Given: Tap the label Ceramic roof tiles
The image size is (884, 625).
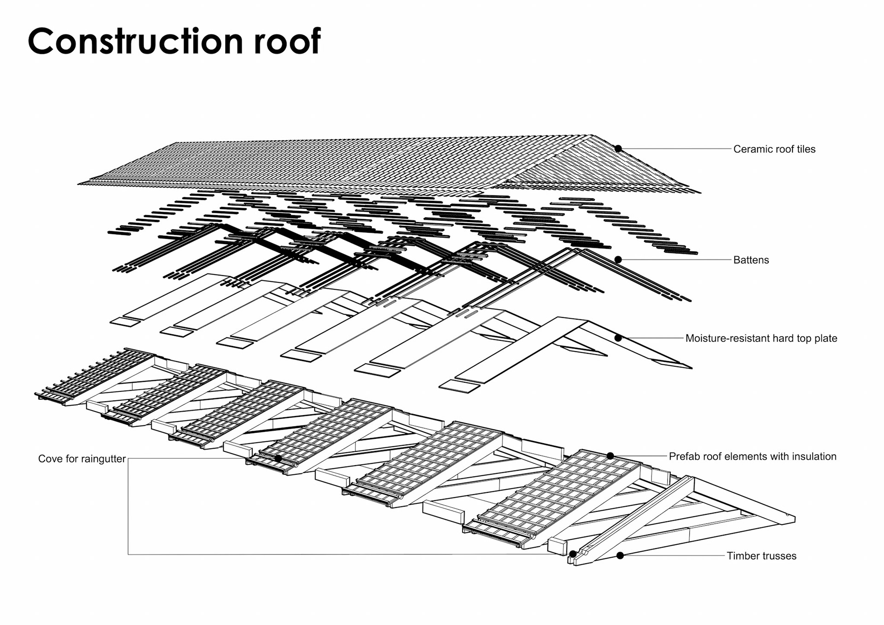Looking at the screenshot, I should pos(774,149).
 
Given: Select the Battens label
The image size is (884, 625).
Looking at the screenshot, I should pos(751,260).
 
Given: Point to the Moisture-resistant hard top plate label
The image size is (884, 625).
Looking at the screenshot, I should pos(761,339).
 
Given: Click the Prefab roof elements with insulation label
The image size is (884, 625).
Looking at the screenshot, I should pos(752,457).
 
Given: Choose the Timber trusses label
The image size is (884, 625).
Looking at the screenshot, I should pos(761,556).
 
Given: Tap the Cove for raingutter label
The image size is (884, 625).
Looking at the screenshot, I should pos(82,459).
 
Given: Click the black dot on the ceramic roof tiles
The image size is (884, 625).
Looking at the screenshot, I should pos(618,149).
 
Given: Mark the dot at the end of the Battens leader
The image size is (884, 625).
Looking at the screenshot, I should pos(618,260).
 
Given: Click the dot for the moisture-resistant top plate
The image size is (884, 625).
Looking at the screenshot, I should pos(618,338).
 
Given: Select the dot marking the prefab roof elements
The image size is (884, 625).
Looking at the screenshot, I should pos(610,456).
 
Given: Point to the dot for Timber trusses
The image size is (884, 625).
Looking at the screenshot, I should pos(620,555).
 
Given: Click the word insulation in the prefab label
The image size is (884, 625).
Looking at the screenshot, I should pos(814,457).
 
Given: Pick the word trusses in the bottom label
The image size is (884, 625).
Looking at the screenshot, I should pos(779,556).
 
